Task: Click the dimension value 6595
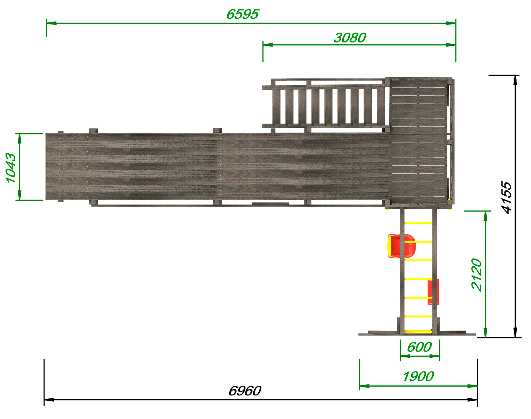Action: coord(242,14)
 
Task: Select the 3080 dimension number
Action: coord(350,38)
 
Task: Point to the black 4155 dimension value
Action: coord(507,197)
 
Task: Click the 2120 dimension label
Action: coord(476,275)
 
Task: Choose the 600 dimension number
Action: coord(419,347)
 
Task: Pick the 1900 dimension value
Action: coord(418,376)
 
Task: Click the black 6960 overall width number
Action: coord(245,391)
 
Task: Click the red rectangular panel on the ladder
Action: coord(433,292)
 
